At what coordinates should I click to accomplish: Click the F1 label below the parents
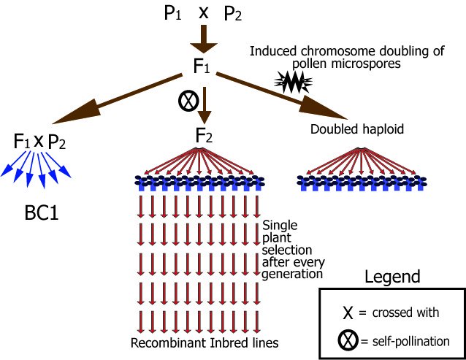pyautogui.click(x=204, y=66)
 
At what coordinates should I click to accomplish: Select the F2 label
pyautogui.click(x=206, y=135)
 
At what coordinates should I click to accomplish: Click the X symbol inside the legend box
pyautogui.click(x=349, y=313)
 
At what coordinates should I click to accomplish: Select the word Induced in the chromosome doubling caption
pyautogui.click(x=272, y=51)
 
